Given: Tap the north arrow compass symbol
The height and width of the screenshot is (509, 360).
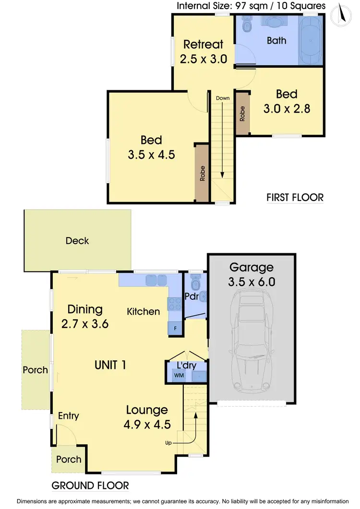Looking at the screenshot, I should pyautogui.click(x=342, y=13).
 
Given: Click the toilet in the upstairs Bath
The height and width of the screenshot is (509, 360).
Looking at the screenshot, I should pyautogui.click(x=247, y=24).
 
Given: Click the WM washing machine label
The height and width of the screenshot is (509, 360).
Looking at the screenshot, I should pyautogui.click(x=179, y=375).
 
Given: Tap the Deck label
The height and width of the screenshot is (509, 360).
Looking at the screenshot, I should pyautogui.click(x=77, y=240).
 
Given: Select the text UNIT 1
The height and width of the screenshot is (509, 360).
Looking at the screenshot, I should pyautogui.click(x=110, y=365).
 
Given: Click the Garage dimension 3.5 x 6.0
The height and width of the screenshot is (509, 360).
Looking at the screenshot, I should pyautogui.click(x=252, y=282).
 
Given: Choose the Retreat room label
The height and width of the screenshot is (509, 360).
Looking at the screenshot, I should pyautogui.click(x=203, y=45).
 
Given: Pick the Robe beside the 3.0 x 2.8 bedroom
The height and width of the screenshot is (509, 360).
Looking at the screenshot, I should pyautogui.click(x=242, y=113).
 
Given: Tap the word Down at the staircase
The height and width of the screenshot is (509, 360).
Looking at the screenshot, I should pyautogui.click(x=223, y=98).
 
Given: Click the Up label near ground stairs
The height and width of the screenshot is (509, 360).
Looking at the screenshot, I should pyautogui.click(x=168, y=442).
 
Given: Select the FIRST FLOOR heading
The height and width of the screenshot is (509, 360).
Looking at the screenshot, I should pyautogui.click(x=295, y=197).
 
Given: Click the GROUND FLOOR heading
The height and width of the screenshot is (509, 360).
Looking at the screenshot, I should pyautogui.click(x=90, y=485).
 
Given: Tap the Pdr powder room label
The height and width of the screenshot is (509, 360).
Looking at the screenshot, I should pyautogui.click(x=192, y=296).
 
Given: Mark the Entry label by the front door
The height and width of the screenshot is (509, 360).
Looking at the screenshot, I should pyautogui.click(x=68, y=416).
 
